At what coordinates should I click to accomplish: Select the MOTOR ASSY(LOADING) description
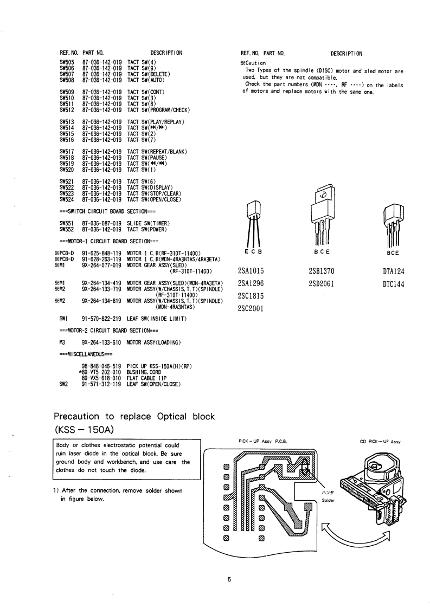point(153,343)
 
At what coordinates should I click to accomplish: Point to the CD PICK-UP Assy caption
point(380,442)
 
